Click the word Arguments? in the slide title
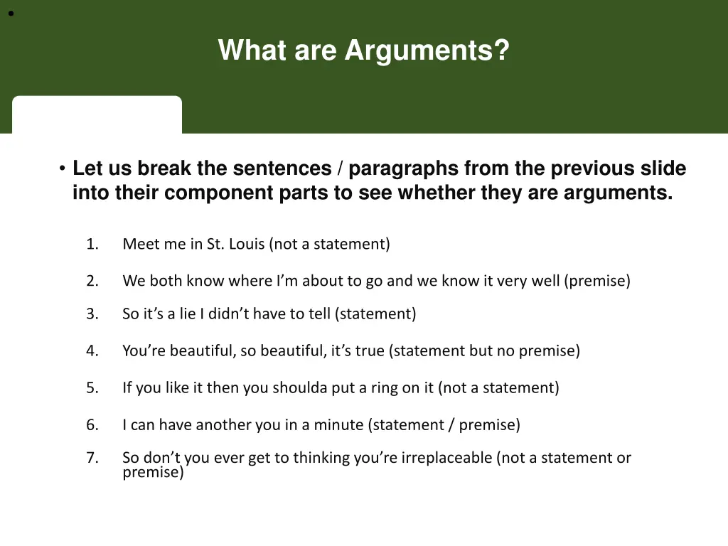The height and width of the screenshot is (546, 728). pyautogui.click(x=427, y=51)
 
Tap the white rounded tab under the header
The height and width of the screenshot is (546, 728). pyautogui.click(x=97, y=114)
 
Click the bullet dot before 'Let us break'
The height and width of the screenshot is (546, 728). pyautogui.click(x=63, y=169)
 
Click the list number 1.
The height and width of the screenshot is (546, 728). pyautogui.click(x=92, y=245)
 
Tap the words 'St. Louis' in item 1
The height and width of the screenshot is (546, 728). pyautogui.click(x=236, y=245)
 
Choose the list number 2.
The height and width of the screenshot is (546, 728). pyautogui.click(x=92, y=282)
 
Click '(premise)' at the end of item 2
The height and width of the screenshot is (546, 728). pyautogui.click(x=597, y=282)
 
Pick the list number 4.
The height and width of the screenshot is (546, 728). pyautogui.click(x=92, y=351)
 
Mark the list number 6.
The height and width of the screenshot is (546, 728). pyautogui.click(x=92, y=425)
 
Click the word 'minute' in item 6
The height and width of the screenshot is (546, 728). pyautogui.click(x=339, y=425)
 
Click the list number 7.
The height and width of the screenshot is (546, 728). pyautogui.click(x=92, y=458)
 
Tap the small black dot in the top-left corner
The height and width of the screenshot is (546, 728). pyautogui.click(x=11, y=13)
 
